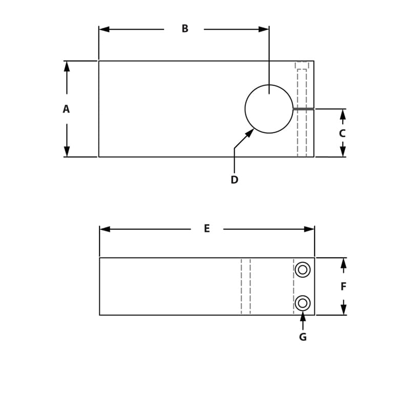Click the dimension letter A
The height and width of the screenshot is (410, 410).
(66, 109)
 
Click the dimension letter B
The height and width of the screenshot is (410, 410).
(185, 29)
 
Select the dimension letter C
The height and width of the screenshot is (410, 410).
(342, 133)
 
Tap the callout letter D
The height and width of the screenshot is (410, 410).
(234, 180)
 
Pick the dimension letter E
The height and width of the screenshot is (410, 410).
(207, 229)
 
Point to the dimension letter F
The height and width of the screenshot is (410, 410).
(343, 286)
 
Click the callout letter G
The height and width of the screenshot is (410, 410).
(303, 337)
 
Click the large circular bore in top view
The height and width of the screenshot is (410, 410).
(269, 109)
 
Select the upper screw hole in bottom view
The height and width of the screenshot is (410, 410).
(302, 270)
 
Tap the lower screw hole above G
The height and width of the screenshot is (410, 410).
(302, 303)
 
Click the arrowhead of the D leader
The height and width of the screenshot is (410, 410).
(250, 132)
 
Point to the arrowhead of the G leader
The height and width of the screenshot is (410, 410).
(303, 315)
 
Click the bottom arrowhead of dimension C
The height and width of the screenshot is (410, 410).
(343, 152)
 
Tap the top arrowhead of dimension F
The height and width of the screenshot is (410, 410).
(343, 263)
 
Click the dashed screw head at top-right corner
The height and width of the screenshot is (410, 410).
(302, 65)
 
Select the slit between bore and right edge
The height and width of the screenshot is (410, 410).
(303, 109)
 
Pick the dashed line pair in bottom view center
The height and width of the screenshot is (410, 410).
(246, 286)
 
